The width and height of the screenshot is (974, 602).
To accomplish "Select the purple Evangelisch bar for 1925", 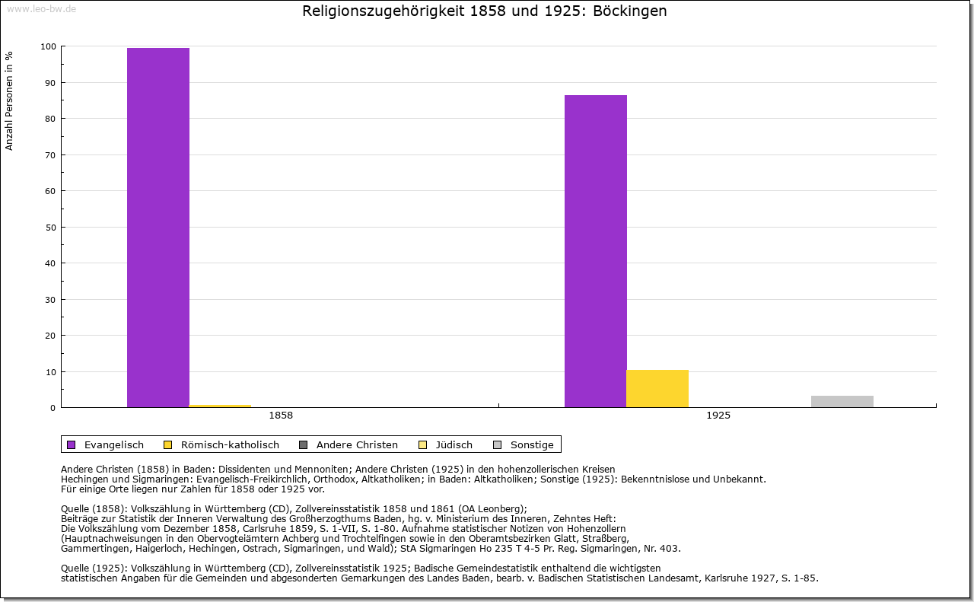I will coord(596,250).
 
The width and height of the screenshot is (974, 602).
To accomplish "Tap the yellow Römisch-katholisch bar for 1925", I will coord(657,388).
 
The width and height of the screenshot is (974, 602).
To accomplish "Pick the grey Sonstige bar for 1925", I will coord(842,401).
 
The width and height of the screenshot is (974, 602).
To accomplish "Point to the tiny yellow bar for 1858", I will coord(220,406).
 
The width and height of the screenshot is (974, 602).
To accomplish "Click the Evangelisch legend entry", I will coord(106,444).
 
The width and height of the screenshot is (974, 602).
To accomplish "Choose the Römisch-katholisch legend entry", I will coord(221,444).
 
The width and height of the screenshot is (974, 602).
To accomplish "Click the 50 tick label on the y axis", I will coord(50,227).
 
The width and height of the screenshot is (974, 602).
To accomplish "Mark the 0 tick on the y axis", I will coord(53,408).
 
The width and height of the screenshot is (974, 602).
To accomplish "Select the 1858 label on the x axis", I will coord(281,416).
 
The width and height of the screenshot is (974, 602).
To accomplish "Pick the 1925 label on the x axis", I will coord(718,416).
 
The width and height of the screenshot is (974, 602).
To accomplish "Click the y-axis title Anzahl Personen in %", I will coord(10,100).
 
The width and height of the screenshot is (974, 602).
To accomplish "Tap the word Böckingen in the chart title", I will coord(632,11).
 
